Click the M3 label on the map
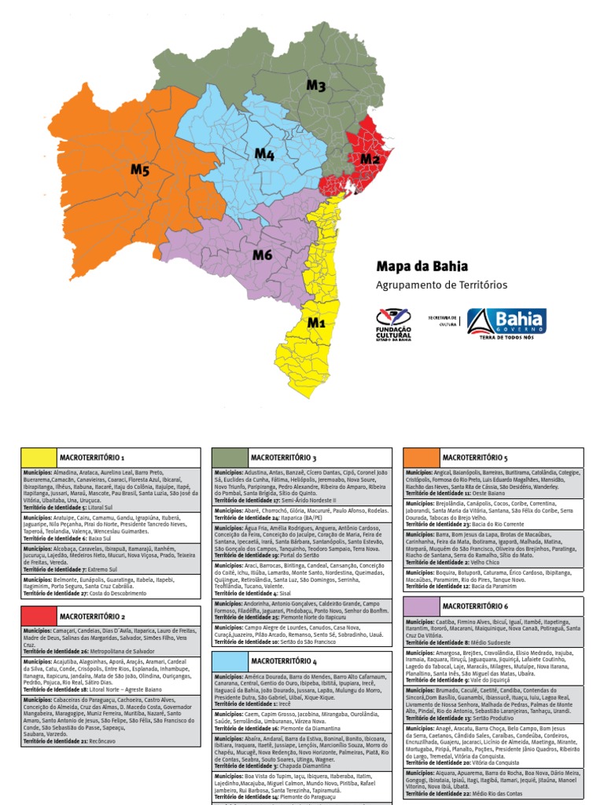click(x=315, y=86)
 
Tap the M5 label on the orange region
click(x=140, y=169)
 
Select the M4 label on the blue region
click(x=264, y=153)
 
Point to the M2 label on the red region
click(x=370, y=160)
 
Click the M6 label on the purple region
click(x=262, y=255)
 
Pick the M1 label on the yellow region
click(x=316, y=322)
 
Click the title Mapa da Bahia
click(x=422, y=266)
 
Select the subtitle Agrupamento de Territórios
click(x=441, y=285)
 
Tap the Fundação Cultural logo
click(x=394, y=323)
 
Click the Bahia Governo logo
click(x=506, y=323)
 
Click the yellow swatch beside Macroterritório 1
click(x=37, y=458)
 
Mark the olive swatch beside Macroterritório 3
click(x=228, y=458)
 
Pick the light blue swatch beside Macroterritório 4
click(x=228, y=661)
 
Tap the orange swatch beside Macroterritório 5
click(x=420, y=457)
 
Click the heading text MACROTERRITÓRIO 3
click(x=283, y=458)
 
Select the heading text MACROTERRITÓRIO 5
click(x=475, y=457)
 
